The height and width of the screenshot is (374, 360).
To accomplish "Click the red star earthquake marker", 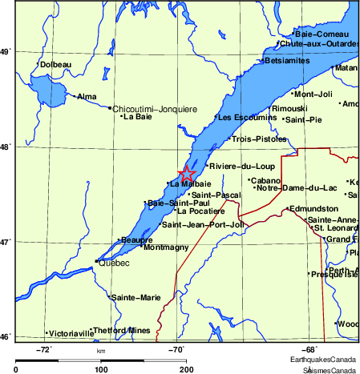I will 186,173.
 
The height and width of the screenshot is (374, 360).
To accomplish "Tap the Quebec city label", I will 113,263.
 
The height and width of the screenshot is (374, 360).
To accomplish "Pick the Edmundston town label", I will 313,208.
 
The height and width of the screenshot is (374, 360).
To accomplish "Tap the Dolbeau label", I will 56,64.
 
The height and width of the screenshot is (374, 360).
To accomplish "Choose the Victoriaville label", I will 71,332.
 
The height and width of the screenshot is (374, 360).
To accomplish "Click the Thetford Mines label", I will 122,330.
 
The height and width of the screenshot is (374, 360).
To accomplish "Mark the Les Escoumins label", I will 245,118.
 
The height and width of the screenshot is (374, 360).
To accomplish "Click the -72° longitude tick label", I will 45,349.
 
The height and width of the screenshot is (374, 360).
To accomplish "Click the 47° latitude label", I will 6,241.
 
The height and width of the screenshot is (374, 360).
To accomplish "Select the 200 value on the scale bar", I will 187,370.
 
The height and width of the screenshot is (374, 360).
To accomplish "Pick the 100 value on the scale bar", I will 101,370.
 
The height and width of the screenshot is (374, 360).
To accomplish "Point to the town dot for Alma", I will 75,96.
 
